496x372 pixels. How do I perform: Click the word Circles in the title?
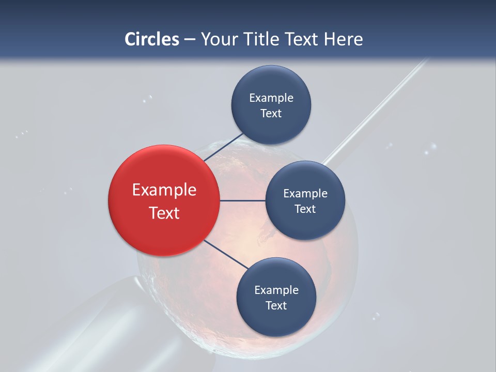point(151,39)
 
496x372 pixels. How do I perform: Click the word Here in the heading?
point(343,39)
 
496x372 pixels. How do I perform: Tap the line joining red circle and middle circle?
point(242,200)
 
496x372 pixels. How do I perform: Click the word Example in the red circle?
point(164,190)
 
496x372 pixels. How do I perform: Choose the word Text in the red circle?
point(164,213)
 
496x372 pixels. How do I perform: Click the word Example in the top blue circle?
point(271,98)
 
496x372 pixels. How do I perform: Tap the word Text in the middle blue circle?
point(305,209)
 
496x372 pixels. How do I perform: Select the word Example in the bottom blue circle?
point(276,290)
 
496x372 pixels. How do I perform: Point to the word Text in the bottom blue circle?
point(276,305)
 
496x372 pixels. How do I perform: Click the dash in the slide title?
point(190,39)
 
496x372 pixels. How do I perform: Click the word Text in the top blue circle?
point(271,113)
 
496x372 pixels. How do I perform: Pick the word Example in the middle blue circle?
point(305,194)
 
